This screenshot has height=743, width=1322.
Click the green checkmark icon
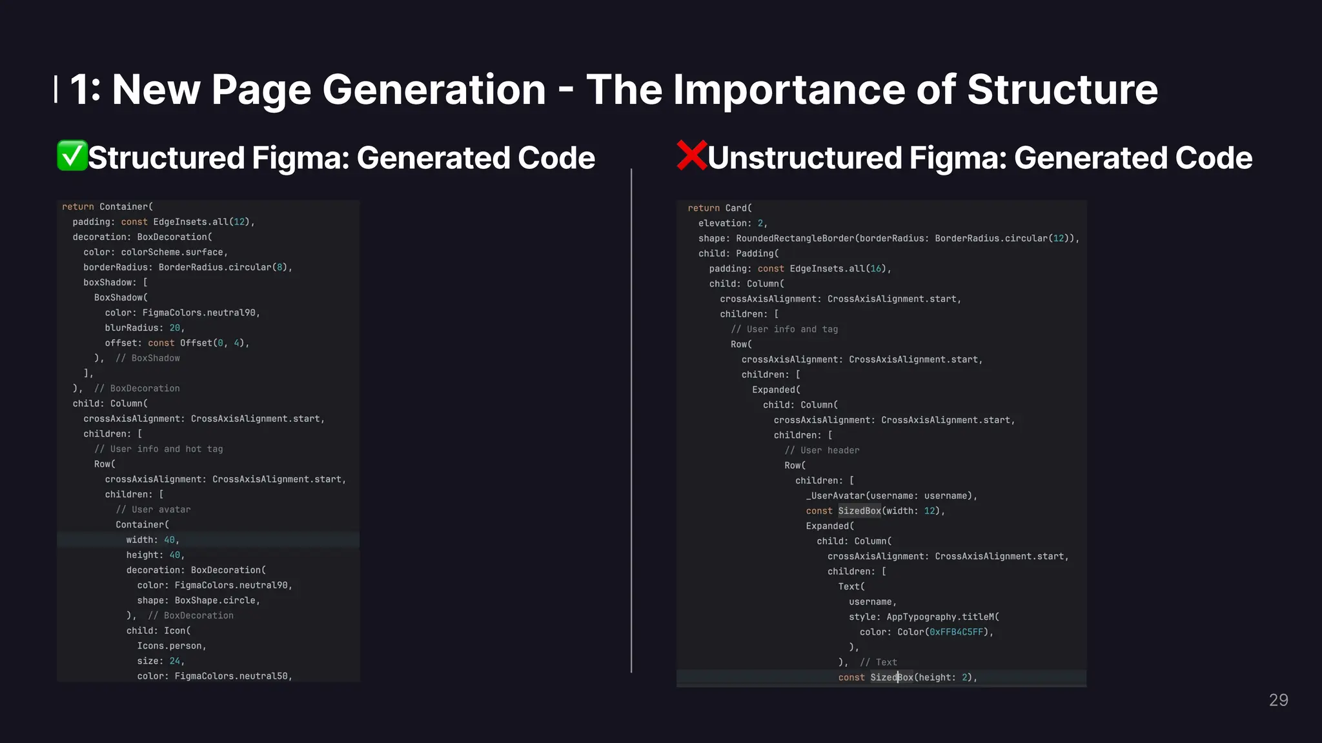(x=72, y=156)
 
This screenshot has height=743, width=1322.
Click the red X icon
(x=691, y=156)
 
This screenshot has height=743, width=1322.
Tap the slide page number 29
(x=1278, y=700)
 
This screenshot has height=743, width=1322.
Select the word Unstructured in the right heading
(x=804, y=158)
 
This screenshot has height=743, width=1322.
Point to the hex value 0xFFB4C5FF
(x=956, y=632)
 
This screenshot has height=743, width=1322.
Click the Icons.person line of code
(x=171, y=646)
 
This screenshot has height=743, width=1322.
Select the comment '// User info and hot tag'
(x=158, y=449)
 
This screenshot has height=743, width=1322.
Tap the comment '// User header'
(x=822, y=450)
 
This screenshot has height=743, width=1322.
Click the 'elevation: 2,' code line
(x=733, y=223)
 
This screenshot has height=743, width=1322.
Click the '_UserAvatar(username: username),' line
(x=891, y=496)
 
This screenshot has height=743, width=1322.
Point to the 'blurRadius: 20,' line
(x=145, y=328)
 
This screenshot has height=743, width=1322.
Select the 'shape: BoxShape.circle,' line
(x=198, y=600)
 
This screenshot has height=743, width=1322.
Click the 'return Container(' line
(x=107, y=206)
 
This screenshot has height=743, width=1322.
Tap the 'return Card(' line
(x=720, y=208)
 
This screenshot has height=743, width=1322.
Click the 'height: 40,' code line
(x=155, y=555)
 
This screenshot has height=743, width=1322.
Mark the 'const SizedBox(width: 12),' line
(x=875, y=511)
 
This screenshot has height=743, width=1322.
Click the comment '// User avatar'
(x=153, y=510)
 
